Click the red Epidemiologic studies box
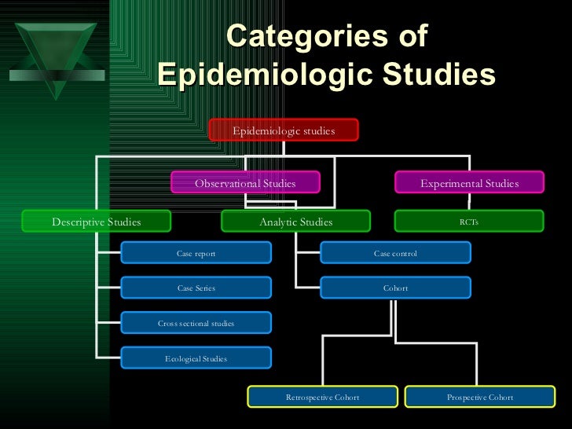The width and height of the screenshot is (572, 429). point(284,130)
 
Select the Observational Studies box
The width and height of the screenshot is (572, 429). point(245,183)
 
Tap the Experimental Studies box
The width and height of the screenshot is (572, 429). point(469,183)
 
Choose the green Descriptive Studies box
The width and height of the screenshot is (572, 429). point(97,222)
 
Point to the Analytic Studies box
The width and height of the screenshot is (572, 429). point(296,222)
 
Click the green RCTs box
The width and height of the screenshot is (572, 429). point(469,222)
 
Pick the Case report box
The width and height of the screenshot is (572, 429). point(196,253)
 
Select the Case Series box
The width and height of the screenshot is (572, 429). point(196,288)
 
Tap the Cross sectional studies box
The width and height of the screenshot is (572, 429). point(196,323)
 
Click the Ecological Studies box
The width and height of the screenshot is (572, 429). point(196,358)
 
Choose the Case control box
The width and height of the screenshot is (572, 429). point(395,253)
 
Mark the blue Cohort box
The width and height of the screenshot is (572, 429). point(395,288)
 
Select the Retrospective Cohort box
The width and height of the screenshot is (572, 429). point(322,397)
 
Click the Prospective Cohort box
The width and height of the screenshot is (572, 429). point(480,397)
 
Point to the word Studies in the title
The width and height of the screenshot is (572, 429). point(438,75)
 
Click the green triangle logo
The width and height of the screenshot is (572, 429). point(53,51)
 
